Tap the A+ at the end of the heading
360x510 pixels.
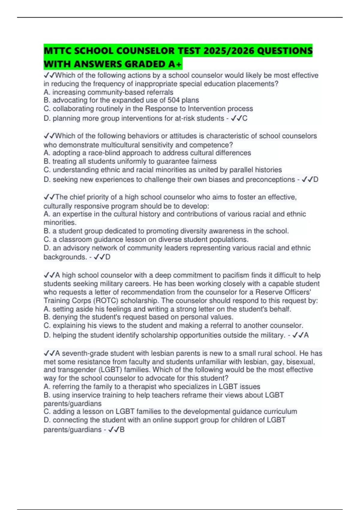[x=175, y=64]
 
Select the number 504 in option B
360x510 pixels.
[x=173, y=100]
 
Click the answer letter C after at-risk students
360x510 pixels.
[x=245, y=118]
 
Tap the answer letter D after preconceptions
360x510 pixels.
[x=316, y=180]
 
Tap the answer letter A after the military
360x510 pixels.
[x=306, y=335]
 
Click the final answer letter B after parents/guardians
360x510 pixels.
[x=122, y=430]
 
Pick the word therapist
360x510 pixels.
[x=142, y=387]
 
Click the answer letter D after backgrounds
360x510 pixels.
[x=108, y=257]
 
